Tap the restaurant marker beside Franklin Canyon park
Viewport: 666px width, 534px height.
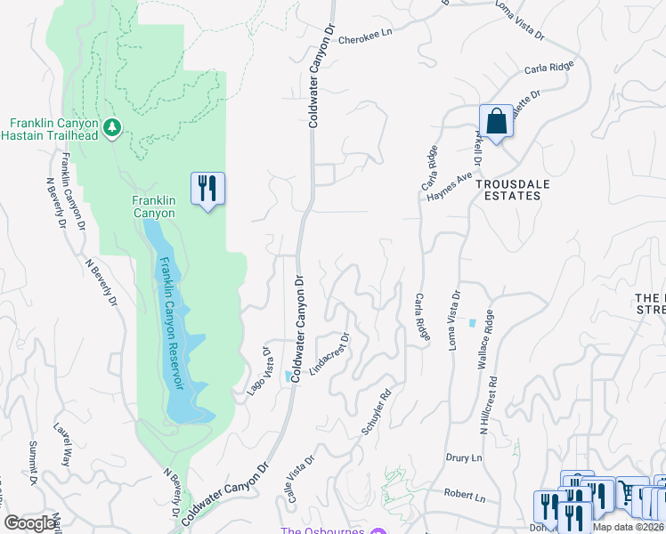(207, 189)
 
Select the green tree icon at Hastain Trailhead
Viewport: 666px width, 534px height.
(112, 127)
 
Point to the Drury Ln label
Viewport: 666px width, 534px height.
(464, 457)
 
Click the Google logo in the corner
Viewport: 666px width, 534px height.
(29, 523)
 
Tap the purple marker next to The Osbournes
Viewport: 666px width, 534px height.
(379, 532)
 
